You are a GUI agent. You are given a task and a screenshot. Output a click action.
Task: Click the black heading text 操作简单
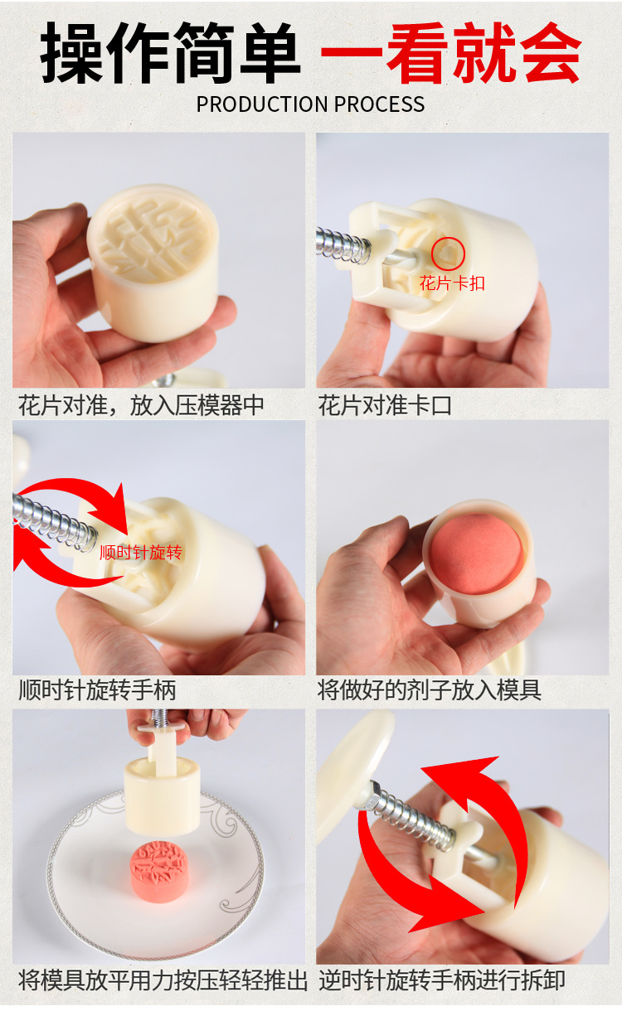point(170,54)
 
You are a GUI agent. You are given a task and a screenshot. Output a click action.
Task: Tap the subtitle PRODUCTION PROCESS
point(310,104)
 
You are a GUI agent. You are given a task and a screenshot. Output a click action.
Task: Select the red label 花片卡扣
point(452,283)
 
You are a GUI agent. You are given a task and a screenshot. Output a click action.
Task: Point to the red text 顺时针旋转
point(140,552)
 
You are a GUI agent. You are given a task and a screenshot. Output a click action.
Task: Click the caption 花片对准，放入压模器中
point(142,405)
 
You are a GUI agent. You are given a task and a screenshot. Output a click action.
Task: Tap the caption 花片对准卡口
point(386,405)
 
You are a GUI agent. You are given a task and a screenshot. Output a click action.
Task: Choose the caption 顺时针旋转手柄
point(97,689)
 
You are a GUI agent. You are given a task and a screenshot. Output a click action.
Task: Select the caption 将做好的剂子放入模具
point(430,689)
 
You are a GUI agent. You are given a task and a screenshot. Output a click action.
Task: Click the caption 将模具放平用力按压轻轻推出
point(163,981)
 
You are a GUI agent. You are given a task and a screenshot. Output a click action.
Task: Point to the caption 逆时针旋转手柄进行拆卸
point(442,981)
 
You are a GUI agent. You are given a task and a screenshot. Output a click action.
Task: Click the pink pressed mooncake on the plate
point(163,866)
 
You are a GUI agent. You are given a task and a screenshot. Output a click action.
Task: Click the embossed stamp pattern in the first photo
point(150,228)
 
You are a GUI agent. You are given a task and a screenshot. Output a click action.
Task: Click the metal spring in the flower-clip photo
point(342,245)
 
